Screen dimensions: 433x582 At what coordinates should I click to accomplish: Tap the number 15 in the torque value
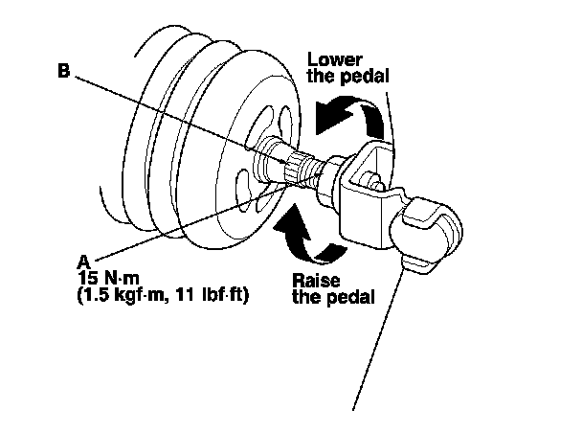(87, 278)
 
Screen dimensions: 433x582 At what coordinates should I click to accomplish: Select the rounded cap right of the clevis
(430, 225)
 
